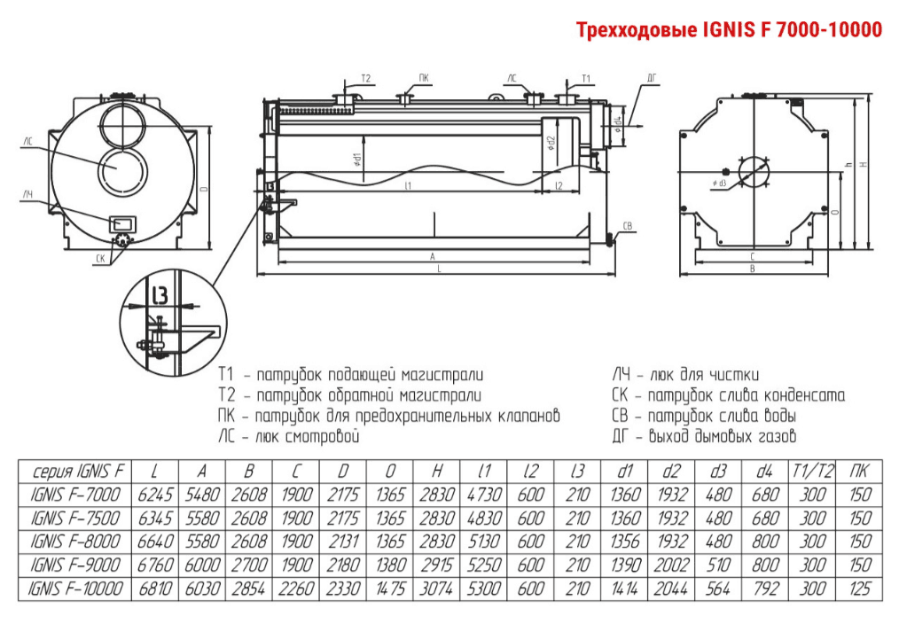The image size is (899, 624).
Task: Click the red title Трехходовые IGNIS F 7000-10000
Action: point(729,30)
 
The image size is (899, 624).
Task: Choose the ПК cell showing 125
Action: point(857,588)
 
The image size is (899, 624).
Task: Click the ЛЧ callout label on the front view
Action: point(28,193)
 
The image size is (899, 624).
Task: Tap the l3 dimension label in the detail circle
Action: point(159,294)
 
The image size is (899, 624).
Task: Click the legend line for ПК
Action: point(389,416)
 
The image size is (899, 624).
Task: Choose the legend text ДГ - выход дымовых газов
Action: point(704,436)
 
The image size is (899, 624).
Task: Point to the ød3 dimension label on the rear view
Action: point(719,183)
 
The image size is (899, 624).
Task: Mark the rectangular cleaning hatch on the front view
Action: point(121,224)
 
